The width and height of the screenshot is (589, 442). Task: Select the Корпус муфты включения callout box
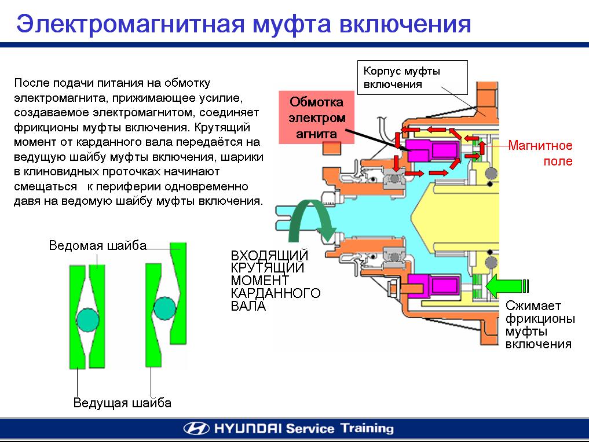point(413,78)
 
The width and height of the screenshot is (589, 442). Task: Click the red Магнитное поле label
point(541,153)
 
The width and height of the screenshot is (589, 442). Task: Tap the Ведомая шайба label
point(97,245)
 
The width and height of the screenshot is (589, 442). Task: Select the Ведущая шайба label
point(122,403)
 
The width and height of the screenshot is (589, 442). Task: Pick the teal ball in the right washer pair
point(164,308)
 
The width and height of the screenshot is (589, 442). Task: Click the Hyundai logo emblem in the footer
point(196,429)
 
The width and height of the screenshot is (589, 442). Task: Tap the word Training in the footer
point(367,429)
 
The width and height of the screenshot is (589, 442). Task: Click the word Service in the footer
point(310,429)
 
